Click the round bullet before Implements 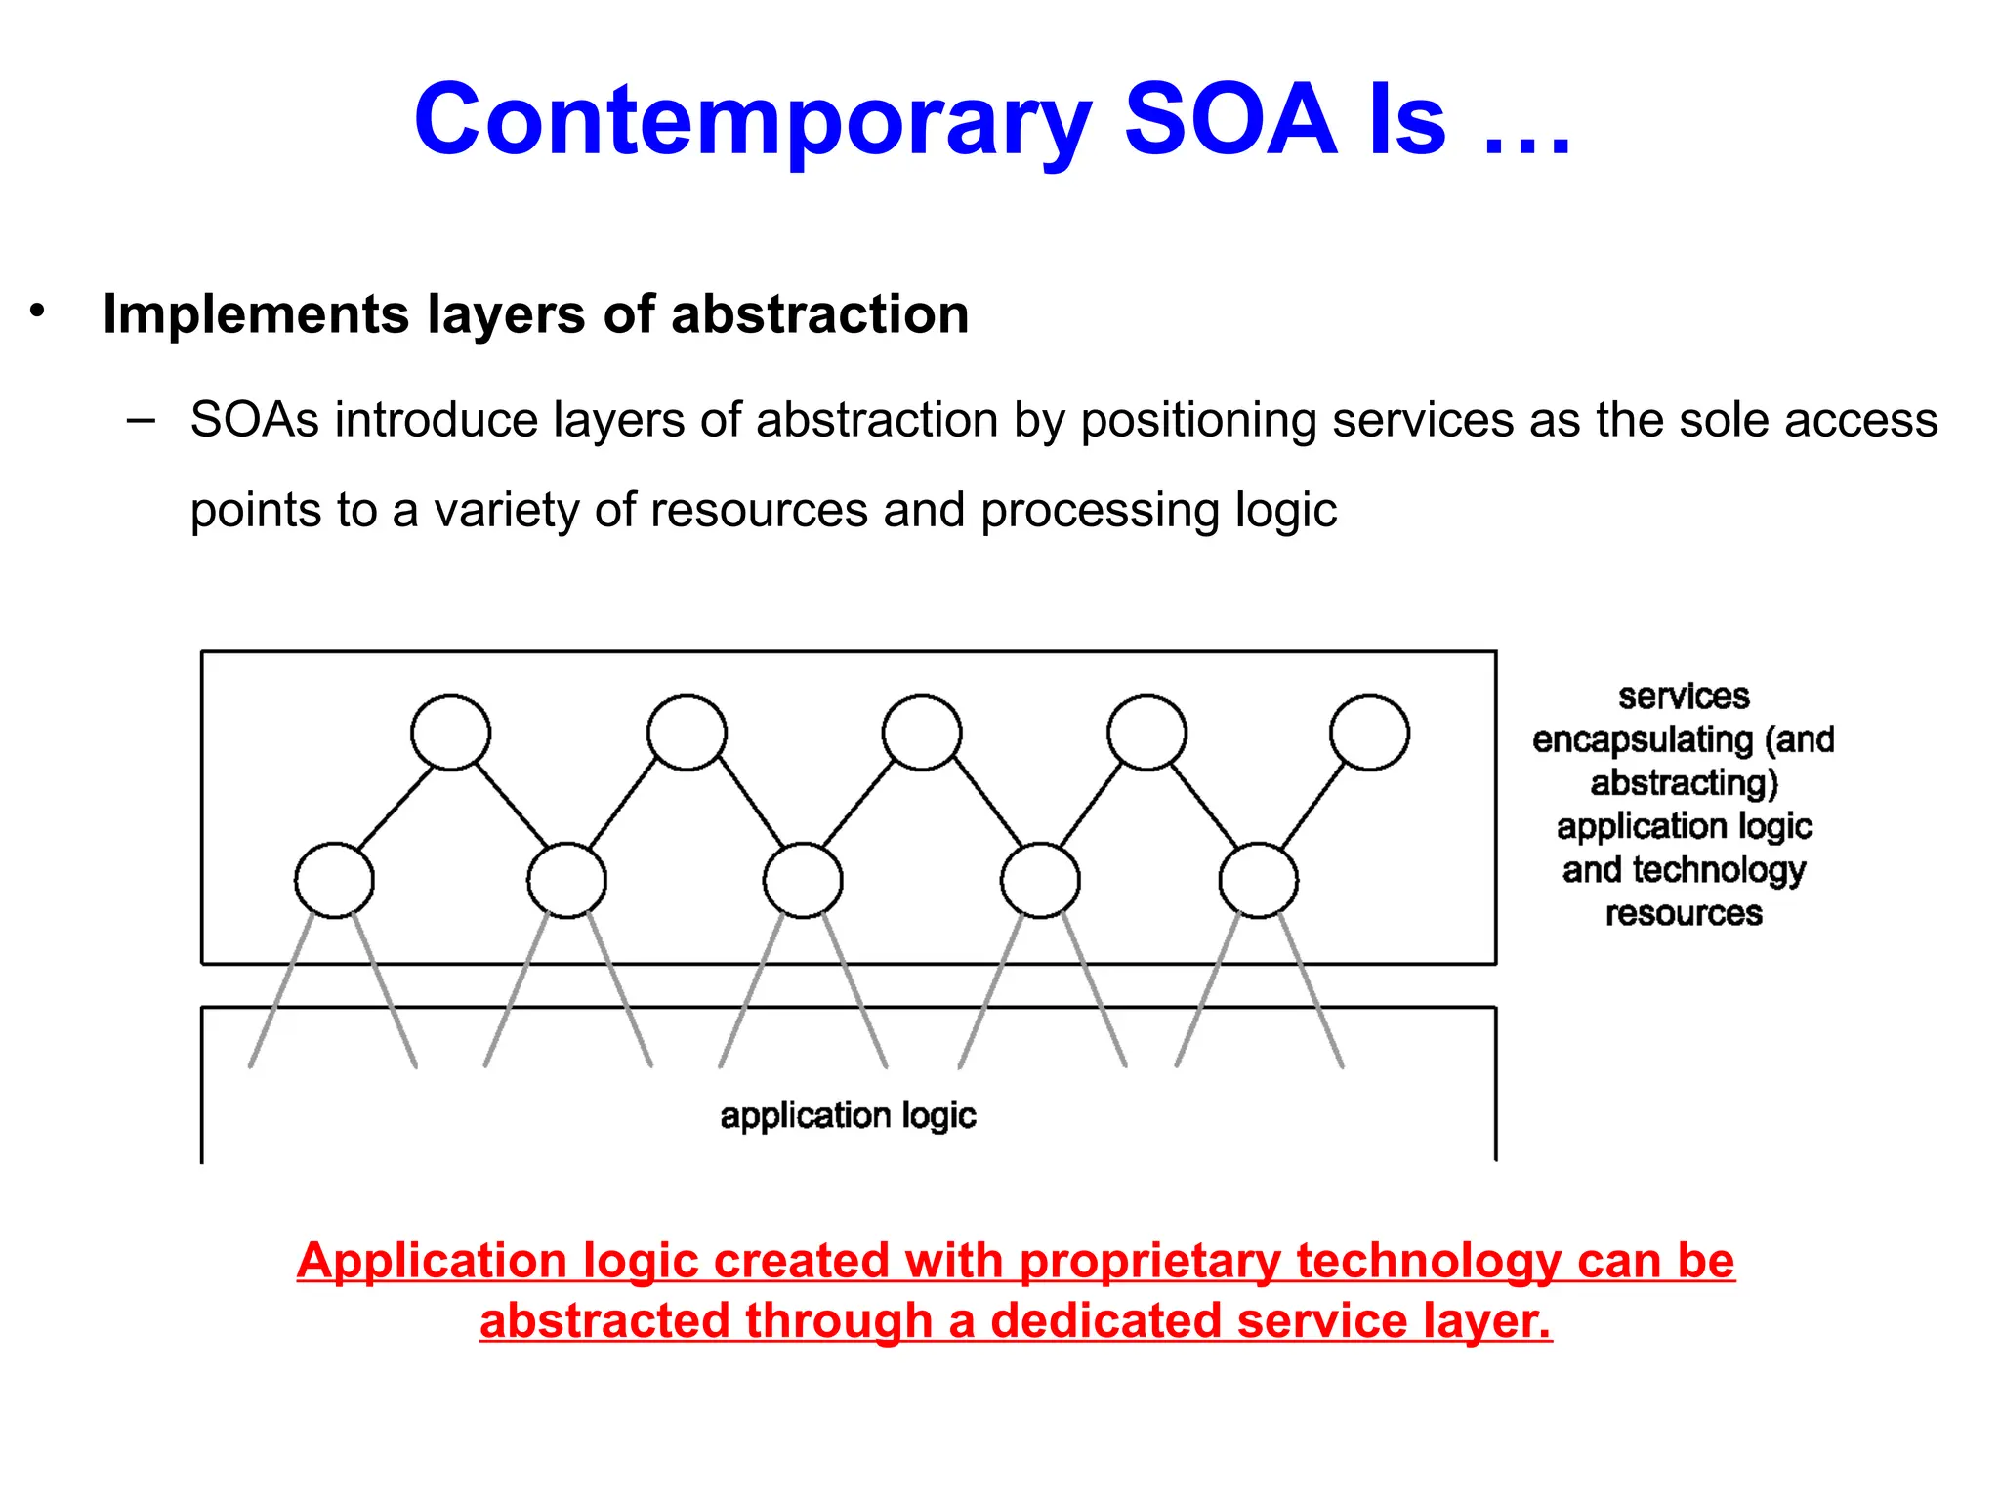click(37, 311)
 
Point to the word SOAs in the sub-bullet click(255, 420)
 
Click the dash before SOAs click(141, 421)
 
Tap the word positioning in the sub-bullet click(1198, 421)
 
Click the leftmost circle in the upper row click(450, 732)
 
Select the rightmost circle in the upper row click(1369, 732)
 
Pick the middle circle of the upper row click(921, 732)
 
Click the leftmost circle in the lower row click(334, 880)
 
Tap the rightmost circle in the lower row click(1258, 880)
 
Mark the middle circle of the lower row click(803, 880)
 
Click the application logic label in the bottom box click(848, 1115)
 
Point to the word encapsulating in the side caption click(1643, 740)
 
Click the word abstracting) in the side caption click(1684, 783)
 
